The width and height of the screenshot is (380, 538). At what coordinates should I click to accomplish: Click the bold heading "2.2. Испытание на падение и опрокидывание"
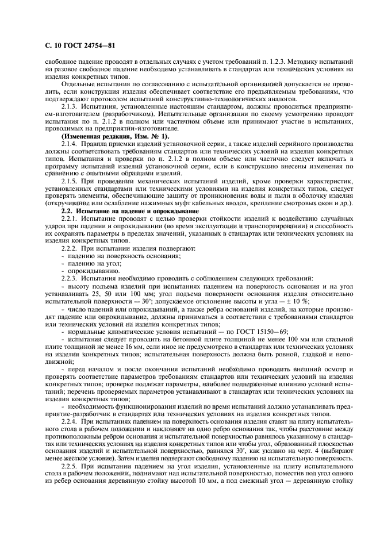(x=129, y=212)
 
